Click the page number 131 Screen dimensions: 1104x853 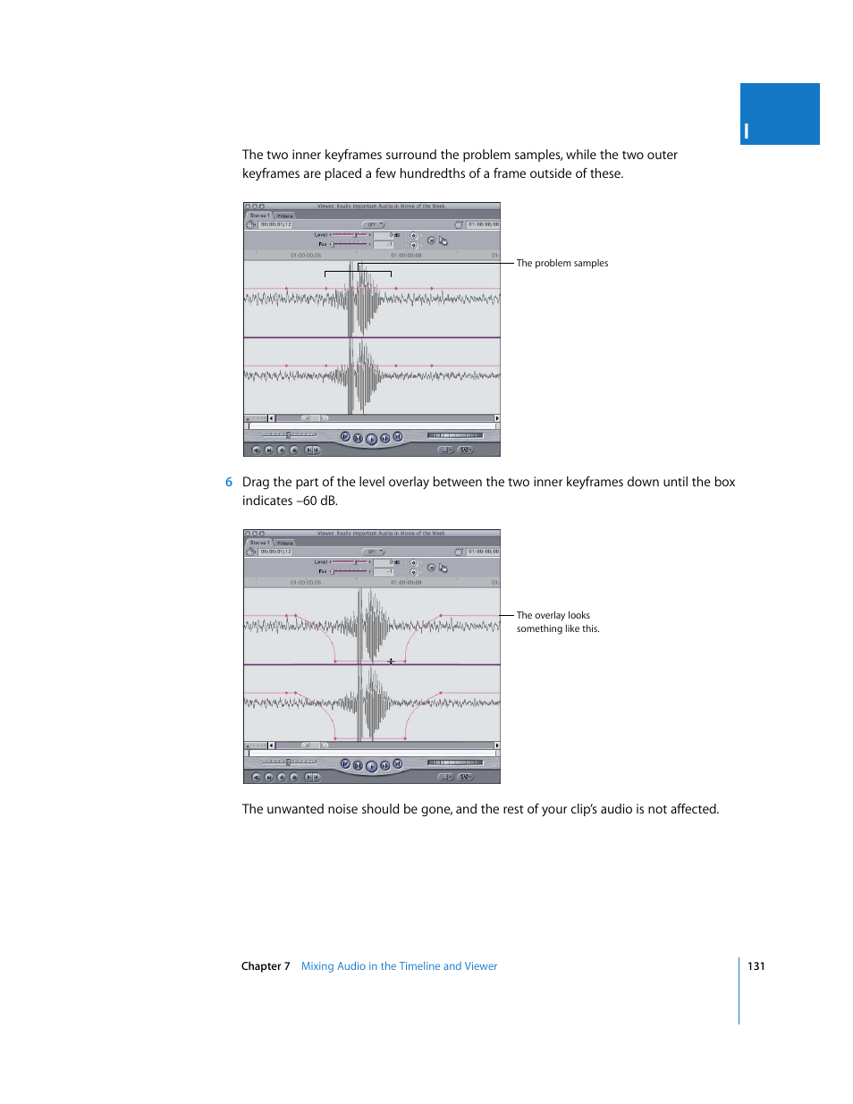(756, 965)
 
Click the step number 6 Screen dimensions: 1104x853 (229, 482)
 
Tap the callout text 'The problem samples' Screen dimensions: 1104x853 (562, 263)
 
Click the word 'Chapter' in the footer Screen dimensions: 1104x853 (260, 965)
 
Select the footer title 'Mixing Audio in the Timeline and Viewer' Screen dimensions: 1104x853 (399, 965)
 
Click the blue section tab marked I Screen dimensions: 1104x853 (779, 114)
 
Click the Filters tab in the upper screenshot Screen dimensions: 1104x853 (284, 215)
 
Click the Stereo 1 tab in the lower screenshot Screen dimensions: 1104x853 (259, 543)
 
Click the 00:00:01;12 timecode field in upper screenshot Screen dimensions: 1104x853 (275, 224)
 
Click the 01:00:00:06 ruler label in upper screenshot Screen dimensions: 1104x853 (305, 255)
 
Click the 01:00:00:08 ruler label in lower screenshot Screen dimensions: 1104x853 (406, 582)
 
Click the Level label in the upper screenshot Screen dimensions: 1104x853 (320, 235)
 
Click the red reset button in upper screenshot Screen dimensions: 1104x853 (431, 240)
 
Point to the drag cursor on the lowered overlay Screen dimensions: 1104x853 (391, 662)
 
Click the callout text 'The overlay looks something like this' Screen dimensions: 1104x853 (557, 622)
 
